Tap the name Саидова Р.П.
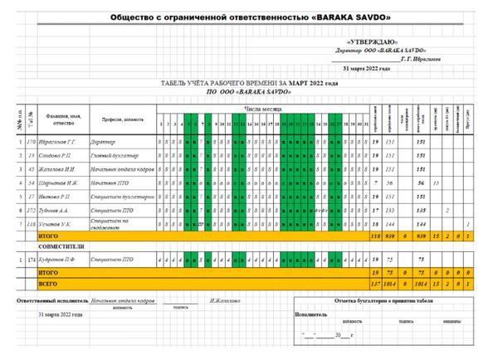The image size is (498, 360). click(x=54, y=155)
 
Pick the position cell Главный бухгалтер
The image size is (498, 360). click(x=115, y=155)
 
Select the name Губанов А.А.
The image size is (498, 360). click(x=54, y=211)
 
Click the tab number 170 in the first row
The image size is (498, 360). click(x=30, y=141)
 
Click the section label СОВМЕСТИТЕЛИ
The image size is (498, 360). click(x=63, y=246)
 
